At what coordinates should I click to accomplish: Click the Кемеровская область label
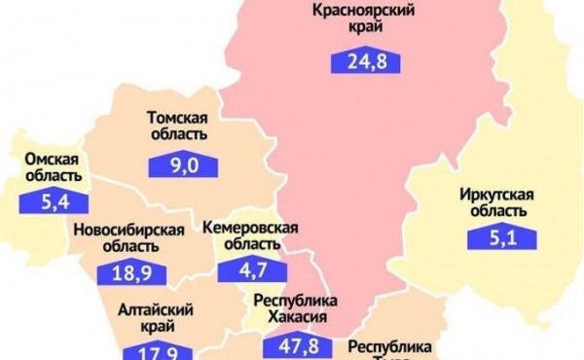coord(250,235)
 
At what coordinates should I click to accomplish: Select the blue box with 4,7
coord(244,274)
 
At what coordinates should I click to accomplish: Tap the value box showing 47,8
coord(296,345)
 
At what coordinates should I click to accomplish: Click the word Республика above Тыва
coord(387,345)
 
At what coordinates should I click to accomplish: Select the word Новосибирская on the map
coord(129,229)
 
